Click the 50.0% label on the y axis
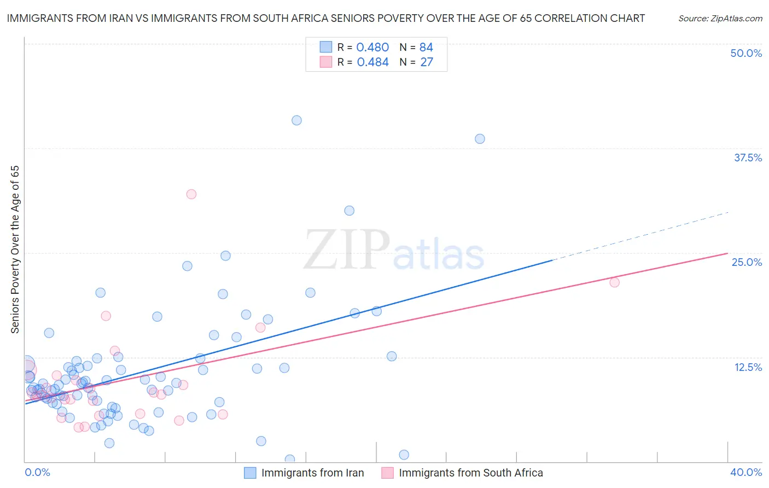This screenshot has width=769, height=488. click(746, 53)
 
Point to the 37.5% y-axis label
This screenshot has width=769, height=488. click(748, 158)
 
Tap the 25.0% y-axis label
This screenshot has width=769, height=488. click(747, 262)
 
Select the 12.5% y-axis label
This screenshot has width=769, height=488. click(748, 367)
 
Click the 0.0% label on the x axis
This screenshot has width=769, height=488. click(37, 472)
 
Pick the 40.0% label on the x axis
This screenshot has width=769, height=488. click(745, 472)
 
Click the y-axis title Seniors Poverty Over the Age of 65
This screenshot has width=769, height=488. click(15, 249)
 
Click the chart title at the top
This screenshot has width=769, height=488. click(326, 18)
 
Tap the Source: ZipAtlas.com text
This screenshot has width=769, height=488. click(720, 18)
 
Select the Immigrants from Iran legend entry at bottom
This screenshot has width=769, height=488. click(312, 473)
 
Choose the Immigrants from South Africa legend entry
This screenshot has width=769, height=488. click(470, 473)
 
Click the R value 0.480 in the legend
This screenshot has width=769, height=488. click(372, 48)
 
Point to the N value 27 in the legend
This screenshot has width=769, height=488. click(427, 62)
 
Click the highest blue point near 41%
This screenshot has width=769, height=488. click(296, 120)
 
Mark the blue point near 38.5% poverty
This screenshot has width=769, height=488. click(480, 139)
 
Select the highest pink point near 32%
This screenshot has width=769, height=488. click(191, 194)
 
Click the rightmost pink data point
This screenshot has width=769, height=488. click(614, 282)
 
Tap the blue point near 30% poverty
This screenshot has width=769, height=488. click(349, 211)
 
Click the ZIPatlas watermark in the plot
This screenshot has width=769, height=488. click(394, 251)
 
